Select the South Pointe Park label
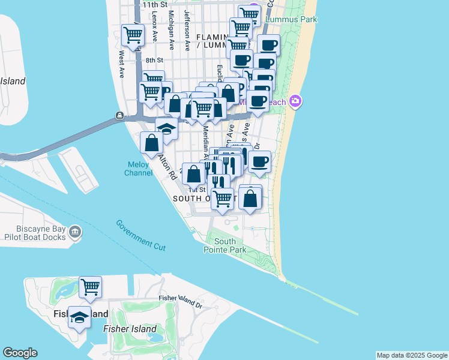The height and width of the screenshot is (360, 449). pos(229,245)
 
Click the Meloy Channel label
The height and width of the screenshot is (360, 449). pos(138,169)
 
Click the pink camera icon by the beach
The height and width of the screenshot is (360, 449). pos(295,101)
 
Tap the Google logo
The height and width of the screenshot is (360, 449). pos(20,353)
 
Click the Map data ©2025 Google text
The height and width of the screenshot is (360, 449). pos(412,355)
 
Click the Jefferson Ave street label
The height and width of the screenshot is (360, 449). pos(187,29)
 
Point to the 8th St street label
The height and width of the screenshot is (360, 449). pos(154,60)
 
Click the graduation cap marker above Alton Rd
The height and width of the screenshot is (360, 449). pos(167,128)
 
